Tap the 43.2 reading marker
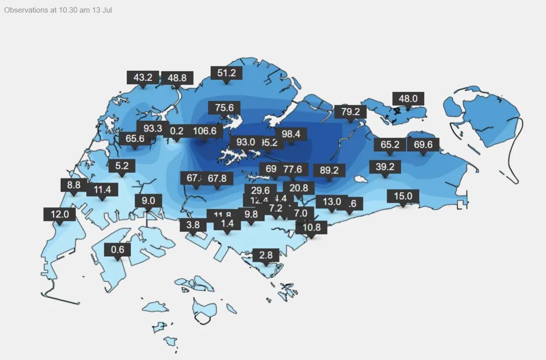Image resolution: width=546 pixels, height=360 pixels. tap(143, 77)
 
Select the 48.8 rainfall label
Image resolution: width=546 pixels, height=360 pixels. tap(177, 78)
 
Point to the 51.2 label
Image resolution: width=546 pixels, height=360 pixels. tap(226, 73)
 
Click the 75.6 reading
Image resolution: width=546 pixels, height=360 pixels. tap(224, 108)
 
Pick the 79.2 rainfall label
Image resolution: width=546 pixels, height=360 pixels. tap(350, 111)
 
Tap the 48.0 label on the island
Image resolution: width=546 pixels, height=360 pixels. tap(408, 99)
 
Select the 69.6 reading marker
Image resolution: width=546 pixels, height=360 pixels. tap(423, 145)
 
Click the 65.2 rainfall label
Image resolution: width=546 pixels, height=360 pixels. tap(390, 145)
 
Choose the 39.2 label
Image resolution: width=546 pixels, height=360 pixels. tap(385, 166)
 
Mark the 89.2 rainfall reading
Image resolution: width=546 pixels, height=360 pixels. tap(329, 170)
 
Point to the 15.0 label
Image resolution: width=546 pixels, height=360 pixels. tap(403, 196)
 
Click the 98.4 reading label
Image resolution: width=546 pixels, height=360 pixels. tap(291, 134)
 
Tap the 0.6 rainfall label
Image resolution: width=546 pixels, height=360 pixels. tap(117, 250)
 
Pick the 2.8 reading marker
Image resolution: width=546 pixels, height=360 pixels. tap(266, 255)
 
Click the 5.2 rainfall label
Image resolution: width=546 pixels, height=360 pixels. tap(122, 165)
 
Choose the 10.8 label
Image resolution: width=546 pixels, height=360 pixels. tap(311, 227)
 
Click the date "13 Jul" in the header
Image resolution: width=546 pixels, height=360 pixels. tap(102, 10)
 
